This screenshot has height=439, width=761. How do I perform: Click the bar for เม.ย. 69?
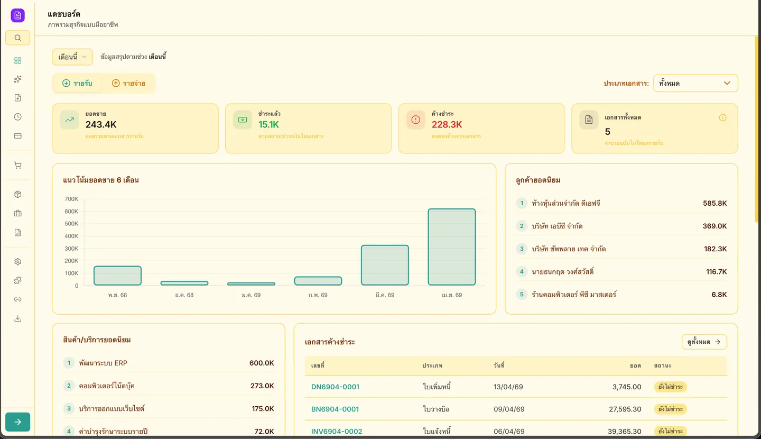[451, 247]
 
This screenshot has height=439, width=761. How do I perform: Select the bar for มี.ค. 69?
[385, 265]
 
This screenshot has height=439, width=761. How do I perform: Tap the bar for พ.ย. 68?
[117, 276]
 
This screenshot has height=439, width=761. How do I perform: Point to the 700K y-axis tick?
[71, 199]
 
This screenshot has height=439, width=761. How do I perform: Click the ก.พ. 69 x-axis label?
[318, 295]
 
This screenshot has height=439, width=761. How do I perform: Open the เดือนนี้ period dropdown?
[72, 57]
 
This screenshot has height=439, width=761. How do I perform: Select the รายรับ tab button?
[77, 83]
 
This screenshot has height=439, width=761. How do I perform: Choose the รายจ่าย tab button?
[128, 83]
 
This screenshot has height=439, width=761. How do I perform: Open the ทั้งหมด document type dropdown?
[695, 83]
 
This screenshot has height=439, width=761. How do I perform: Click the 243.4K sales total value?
[101, 125]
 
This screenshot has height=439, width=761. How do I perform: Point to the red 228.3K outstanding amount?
[447, 125]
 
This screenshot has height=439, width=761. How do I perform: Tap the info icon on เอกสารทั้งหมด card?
[723, 117]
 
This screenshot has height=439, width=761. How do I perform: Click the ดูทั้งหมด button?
[704, 342]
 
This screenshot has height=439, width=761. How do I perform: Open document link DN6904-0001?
[335, 387]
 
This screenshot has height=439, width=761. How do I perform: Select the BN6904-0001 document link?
[335, 409]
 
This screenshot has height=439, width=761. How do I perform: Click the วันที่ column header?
[499, 365]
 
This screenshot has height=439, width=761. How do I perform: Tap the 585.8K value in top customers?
[714, 203]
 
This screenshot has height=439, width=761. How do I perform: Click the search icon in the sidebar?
[17, 38]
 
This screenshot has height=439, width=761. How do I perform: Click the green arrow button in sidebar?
[17, 422]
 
